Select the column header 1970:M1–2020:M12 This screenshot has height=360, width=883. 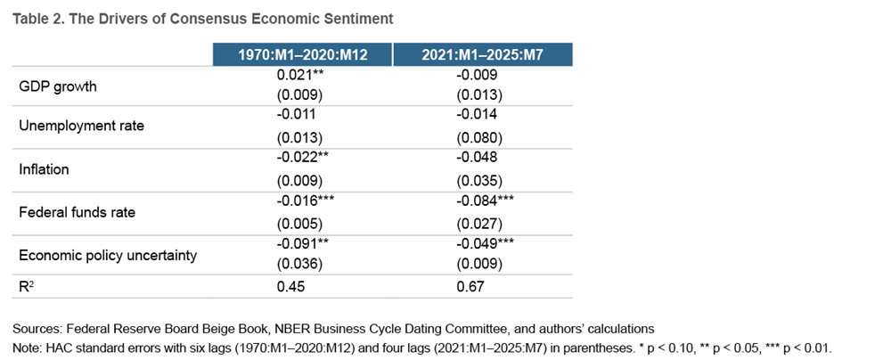point(302,55)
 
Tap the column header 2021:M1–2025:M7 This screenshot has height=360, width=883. point(482,55)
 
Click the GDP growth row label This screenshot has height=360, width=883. point(58,86)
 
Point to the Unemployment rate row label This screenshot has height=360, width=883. point(81,126)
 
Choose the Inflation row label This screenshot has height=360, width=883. point(43,168)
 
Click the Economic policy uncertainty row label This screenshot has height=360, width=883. point(107,256)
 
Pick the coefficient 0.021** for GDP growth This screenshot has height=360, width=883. point(298,78)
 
